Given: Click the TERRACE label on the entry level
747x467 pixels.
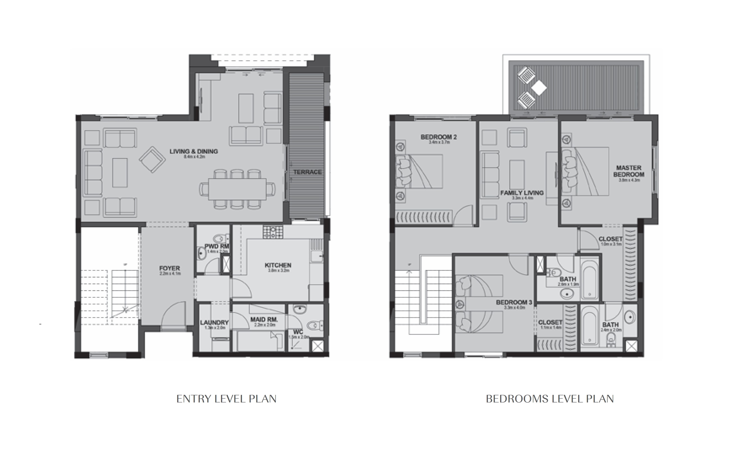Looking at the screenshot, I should coord(307,172).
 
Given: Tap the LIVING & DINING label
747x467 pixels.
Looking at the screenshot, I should coord(194,151).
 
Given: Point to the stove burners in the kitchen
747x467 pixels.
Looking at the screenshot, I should coord(273,232).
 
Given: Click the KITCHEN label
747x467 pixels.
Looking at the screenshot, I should coord(278,265).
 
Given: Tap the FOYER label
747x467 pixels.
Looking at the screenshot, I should coord(169,268).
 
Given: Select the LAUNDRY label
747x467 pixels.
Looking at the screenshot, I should coord(214,322).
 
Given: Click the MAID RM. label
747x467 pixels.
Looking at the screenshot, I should coord(264,320).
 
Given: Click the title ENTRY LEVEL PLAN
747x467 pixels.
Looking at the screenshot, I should coord(226,399).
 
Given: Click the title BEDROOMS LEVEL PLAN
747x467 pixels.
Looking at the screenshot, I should coord(550,399).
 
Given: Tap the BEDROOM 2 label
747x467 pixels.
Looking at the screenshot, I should coord(439,137).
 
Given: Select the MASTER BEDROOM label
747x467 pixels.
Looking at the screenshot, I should coord(628,171).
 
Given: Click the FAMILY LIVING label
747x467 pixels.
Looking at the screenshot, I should coord(522,193).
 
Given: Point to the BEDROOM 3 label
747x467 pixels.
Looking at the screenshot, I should coord(514,302).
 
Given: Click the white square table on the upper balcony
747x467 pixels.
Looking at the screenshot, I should coord(539,88).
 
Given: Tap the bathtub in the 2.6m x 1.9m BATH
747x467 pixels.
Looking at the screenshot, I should coord(589,280).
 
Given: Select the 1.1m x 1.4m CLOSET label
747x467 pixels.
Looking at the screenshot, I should coord(550,322).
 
